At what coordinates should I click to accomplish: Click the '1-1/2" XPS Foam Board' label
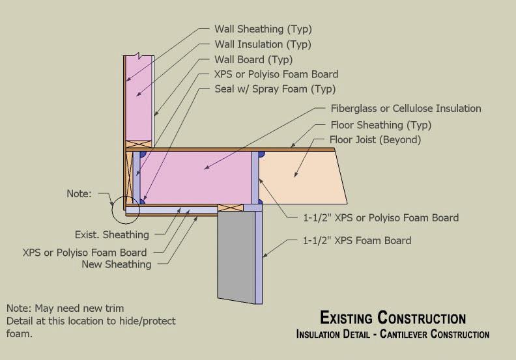(x=356, y=241)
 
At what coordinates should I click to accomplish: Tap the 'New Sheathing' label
(x=116, y=264)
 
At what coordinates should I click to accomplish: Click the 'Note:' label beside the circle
(x=79, y=193)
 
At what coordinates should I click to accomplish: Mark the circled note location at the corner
(x=124, y=207)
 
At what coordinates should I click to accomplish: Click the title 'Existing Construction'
(x=393, y=318)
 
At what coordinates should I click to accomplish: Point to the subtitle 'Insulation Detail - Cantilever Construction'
(x=392, y=335)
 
